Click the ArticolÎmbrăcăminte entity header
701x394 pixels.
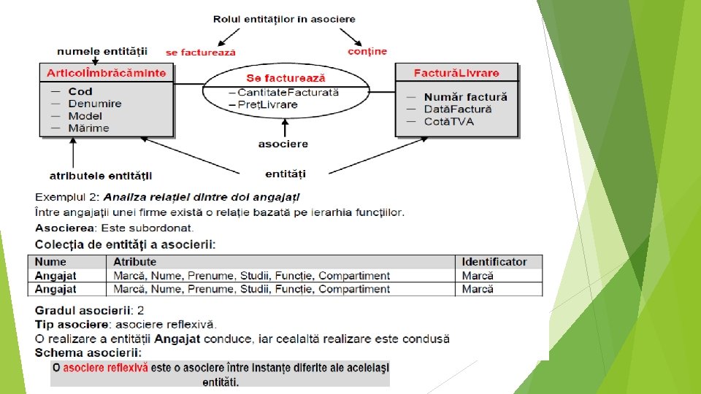click(107, 72)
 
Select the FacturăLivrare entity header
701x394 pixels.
click(456, 72)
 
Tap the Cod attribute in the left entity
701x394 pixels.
click(80, 91)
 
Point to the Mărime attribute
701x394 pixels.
click(88, 128)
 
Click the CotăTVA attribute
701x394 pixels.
click(448, 121)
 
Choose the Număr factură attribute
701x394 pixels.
click(465, 96)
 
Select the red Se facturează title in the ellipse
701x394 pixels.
click(286, 77)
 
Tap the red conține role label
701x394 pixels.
click(367, 51)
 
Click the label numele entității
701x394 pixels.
click(102, 51)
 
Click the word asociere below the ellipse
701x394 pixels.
click(283, 144)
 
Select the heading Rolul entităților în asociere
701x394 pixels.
click(286, 19)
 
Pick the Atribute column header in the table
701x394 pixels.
click(135, 262)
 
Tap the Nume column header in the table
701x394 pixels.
click(50, 262)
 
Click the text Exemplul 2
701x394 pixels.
click(66, 197)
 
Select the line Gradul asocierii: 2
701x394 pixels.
click(89, 310)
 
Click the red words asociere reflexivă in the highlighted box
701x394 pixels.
click(105, 368)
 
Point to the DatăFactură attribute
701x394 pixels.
click(458, 109)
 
